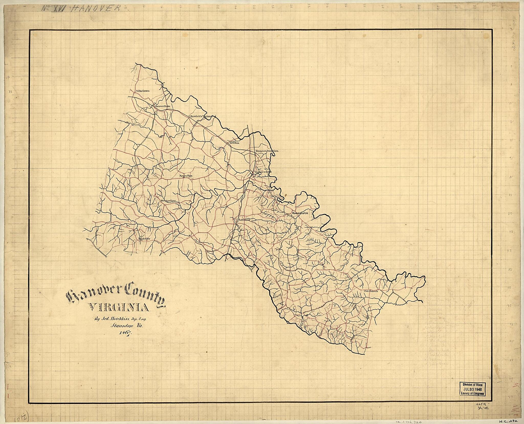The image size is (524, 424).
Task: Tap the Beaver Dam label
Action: [x=162, y=106]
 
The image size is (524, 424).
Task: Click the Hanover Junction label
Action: [x=267, y=151]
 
